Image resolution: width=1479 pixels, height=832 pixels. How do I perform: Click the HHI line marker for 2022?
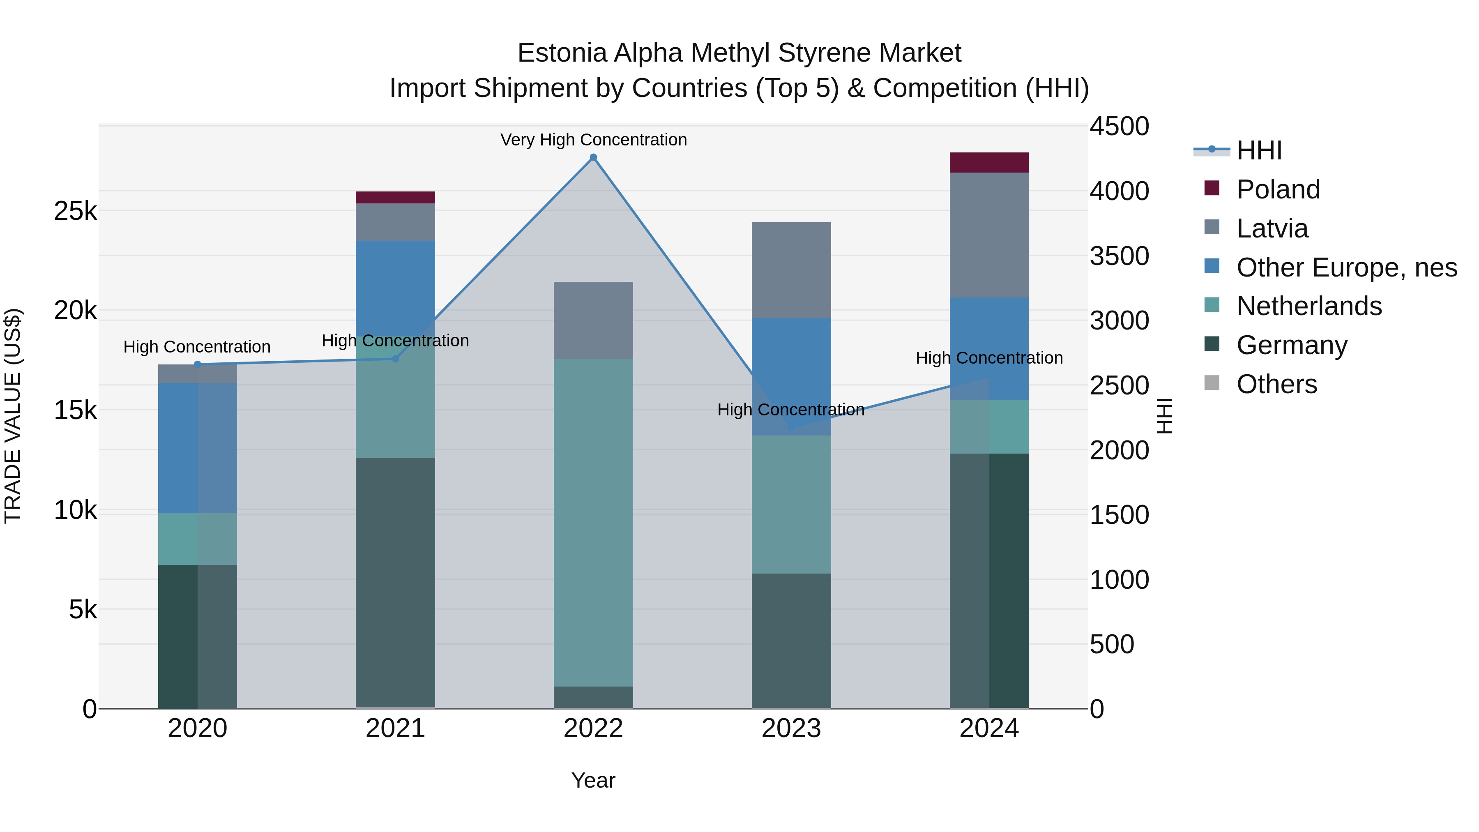coord(593,157)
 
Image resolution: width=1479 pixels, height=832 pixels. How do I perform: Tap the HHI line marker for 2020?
coord(198,364)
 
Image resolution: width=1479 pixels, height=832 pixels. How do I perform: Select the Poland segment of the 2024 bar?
coord(989,162)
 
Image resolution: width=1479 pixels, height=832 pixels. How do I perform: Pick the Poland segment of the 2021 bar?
coord(395,198)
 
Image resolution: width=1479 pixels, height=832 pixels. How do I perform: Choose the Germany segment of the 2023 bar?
coord(791,640)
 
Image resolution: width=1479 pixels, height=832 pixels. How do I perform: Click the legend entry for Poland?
coord(1278,189)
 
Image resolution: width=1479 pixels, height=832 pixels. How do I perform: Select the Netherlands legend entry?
coord(1309,306)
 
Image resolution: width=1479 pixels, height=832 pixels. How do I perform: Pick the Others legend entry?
coord(1276,384)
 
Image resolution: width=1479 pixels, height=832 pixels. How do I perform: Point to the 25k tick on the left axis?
coord(75,211)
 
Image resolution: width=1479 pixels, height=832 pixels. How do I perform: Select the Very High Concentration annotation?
coord(593,140)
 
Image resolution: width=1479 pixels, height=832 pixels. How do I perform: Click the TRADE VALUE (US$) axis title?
coord(13,416)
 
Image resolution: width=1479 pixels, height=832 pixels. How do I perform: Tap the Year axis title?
coord(593,780)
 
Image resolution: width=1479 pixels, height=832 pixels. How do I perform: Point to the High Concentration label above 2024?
coord(989,358)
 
